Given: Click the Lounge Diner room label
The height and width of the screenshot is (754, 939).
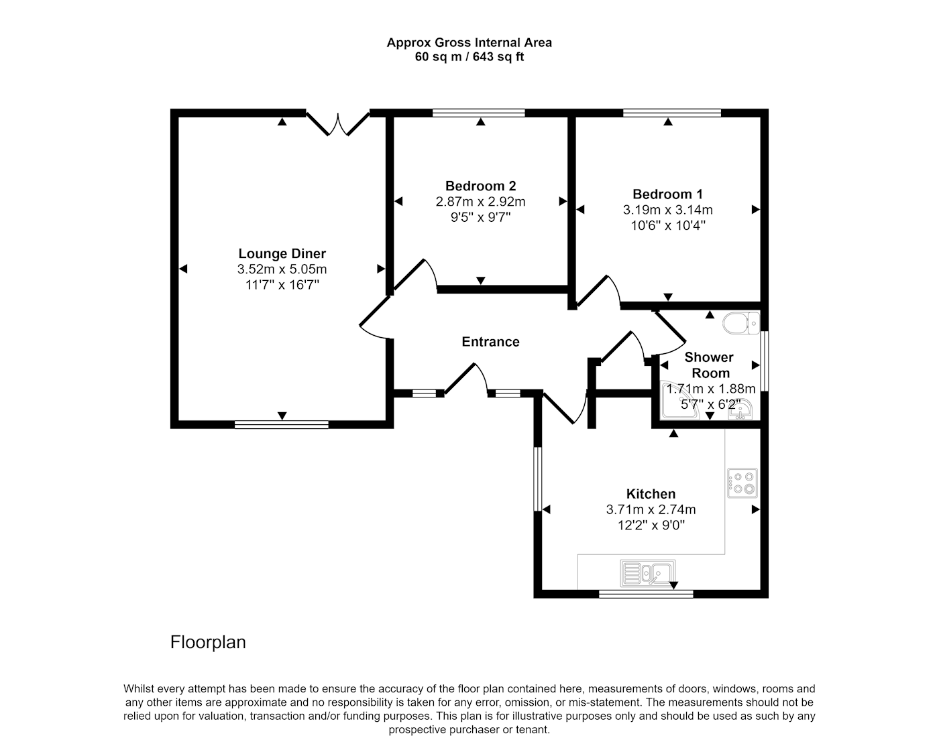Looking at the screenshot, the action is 282,254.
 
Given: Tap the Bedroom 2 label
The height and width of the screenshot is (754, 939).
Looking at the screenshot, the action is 480,186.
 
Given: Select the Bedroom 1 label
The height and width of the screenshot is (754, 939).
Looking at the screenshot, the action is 667,194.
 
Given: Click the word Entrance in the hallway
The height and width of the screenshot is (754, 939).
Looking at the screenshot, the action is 490,342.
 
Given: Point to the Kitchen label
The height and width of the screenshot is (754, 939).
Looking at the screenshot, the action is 651,494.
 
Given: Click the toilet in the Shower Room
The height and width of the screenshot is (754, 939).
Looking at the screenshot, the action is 741,323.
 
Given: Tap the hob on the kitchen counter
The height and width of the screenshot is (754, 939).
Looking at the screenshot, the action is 742,483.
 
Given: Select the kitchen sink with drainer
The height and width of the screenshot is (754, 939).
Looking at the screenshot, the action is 647,573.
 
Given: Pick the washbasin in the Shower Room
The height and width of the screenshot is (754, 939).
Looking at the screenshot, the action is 740,410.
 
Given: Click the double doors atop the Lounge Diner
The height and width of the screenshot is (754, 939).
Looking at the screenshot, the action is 338,124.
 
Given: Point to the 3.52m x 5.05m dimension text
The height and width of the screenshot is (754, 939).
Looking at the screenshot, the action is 282,269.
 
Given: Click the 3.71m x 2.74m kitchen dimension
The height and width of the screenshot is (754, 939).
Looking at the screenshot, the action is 651,510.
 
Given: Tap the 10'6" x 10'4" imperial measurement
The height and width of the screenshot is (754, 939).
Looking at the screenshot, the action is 668,225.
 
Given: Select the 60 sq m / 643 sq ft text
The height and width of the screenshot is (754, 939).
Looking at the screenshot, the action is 469,57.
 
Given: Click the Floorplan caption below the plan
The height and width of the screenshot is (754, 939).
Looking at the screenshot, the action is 208,642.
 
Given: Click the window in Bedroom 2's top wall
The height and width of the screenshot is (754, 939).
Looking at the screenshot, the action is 479,113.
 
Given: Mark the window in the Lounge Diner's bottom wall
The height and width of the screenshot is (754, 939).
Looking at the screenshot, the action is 282,425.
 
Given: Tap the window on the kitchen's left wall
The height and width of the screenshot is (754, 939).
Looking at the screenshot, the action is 537,479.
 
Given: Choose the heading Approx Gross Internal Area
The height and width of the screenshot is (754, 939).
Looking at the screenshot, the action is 469,43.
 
